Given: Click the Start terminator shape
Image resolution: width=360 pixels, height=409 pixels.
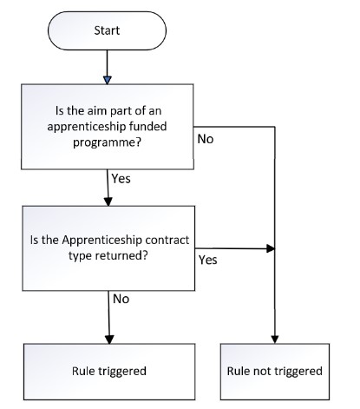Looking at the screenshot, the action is (107, 30).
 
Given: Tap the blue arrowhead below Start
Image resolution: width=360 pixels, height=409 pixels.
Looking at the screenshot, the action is (108, 80).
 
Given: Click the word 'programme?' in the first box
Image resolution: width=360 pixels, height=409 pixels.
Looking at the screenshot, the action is (107, 142).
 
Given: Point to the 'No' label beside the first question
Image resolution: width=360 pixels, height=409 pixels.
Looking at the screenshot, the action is (206, 139).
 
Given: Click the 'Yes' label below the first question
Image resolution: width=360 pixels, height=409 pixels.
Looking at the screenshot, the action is (121, 179).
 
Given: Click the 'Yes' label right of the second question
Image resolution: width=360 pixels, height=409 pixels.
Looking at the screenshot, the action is (207, 260).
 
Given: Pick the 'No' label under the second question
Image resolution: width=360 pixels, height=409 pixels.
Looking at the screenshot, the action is (121, 299).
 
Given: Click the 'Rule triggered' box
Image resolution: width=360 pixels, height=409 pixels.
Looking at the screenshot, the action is (109, 372).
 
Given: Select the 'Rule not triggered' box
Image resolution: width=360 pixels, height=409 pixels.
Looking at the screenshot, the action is (275, 372).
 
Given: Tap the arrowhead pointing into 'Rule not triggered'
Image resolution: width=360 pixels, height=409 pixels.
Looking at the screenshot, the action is (275, 340).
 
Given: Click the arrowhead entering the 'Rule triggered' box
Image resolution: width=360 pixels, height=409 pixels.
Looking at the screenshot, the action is (109, 340).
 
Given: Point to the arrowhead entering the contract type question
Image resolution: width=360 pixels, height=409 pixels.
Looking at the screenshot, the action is (108, 201).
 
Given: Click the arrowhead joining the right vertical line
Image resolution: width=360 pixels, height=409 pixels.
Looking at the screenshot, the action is (271, 248).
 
